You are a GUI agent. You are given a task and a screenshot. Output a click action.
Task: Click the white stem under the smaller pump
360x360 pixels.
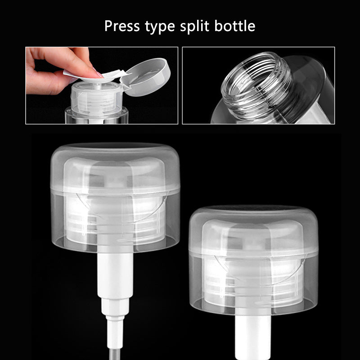pos(253,333)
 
